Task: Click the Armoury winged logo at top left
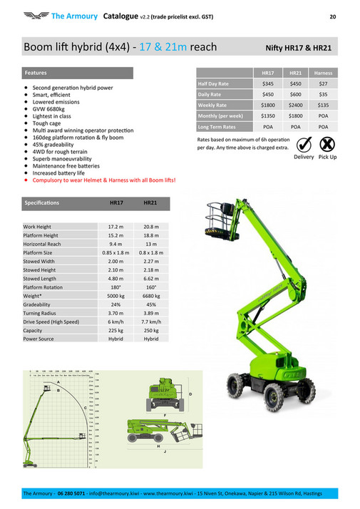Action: [34, 14]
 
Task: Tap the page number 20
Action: [332, 15]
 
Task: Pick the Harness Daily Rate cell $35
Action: [323, 95]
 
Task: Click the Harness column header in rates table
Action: [323, 73]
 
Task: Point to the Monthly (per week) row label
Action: [220, 115]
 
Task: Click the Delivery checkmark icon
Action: [304, 144]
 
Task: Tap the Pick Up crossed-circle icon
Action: [328, 144]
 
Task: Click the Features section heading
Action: [36, 73]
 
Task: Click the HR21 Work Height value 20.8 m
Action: [150, 227]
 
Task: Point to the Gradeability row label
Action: [38, 305]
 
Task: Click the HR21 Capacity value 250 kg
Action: [150, 331]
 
